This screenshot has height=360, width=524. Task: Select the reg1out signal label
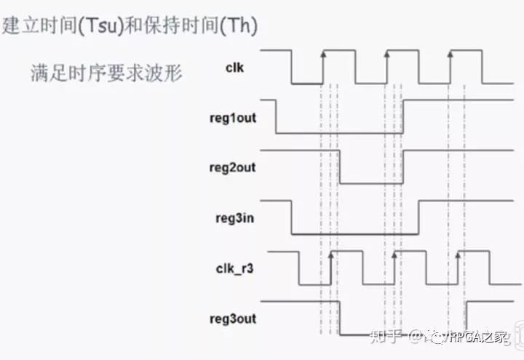[232, 116]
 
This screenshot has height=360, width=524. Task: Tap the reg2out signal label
[232, 167]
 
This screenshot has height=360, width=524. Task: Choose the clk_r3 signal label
[233, 268]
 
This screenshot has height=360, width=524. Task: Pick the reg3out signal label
[232, 319]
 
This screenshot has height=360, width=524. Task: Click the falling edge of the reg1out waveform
[276, 116]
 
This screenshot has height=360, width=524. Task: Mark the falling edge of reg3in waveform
[292, 217]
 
